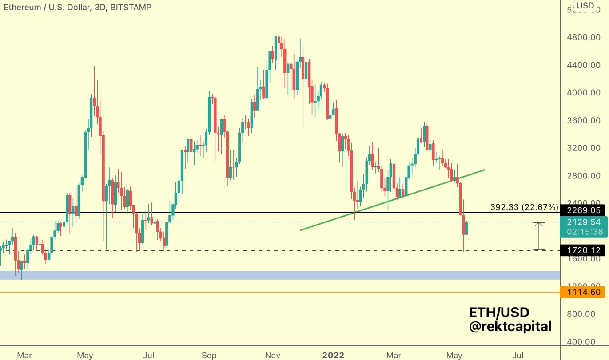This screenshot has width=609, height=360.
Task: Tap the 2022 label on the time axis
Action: [x=333, y=355]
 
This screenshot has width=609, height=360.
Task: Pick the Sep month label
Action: [x=209, y=355]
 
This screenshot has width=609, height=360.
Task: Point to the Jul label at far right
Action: [x=517, y=355]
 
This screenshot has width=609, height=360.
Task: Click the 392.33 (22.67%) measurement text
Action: [x=524, y=207]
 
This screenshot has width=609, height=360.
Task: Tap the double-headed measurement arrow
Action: [x=539, y=236]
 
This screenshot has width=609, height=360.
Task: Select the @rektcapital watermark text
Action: [x=510, y=327]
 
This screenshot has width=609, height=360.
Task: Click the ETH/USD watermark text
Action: [x=499, y=313]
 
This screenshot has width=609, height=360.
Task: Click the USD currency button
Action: [x=585, y=6]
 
